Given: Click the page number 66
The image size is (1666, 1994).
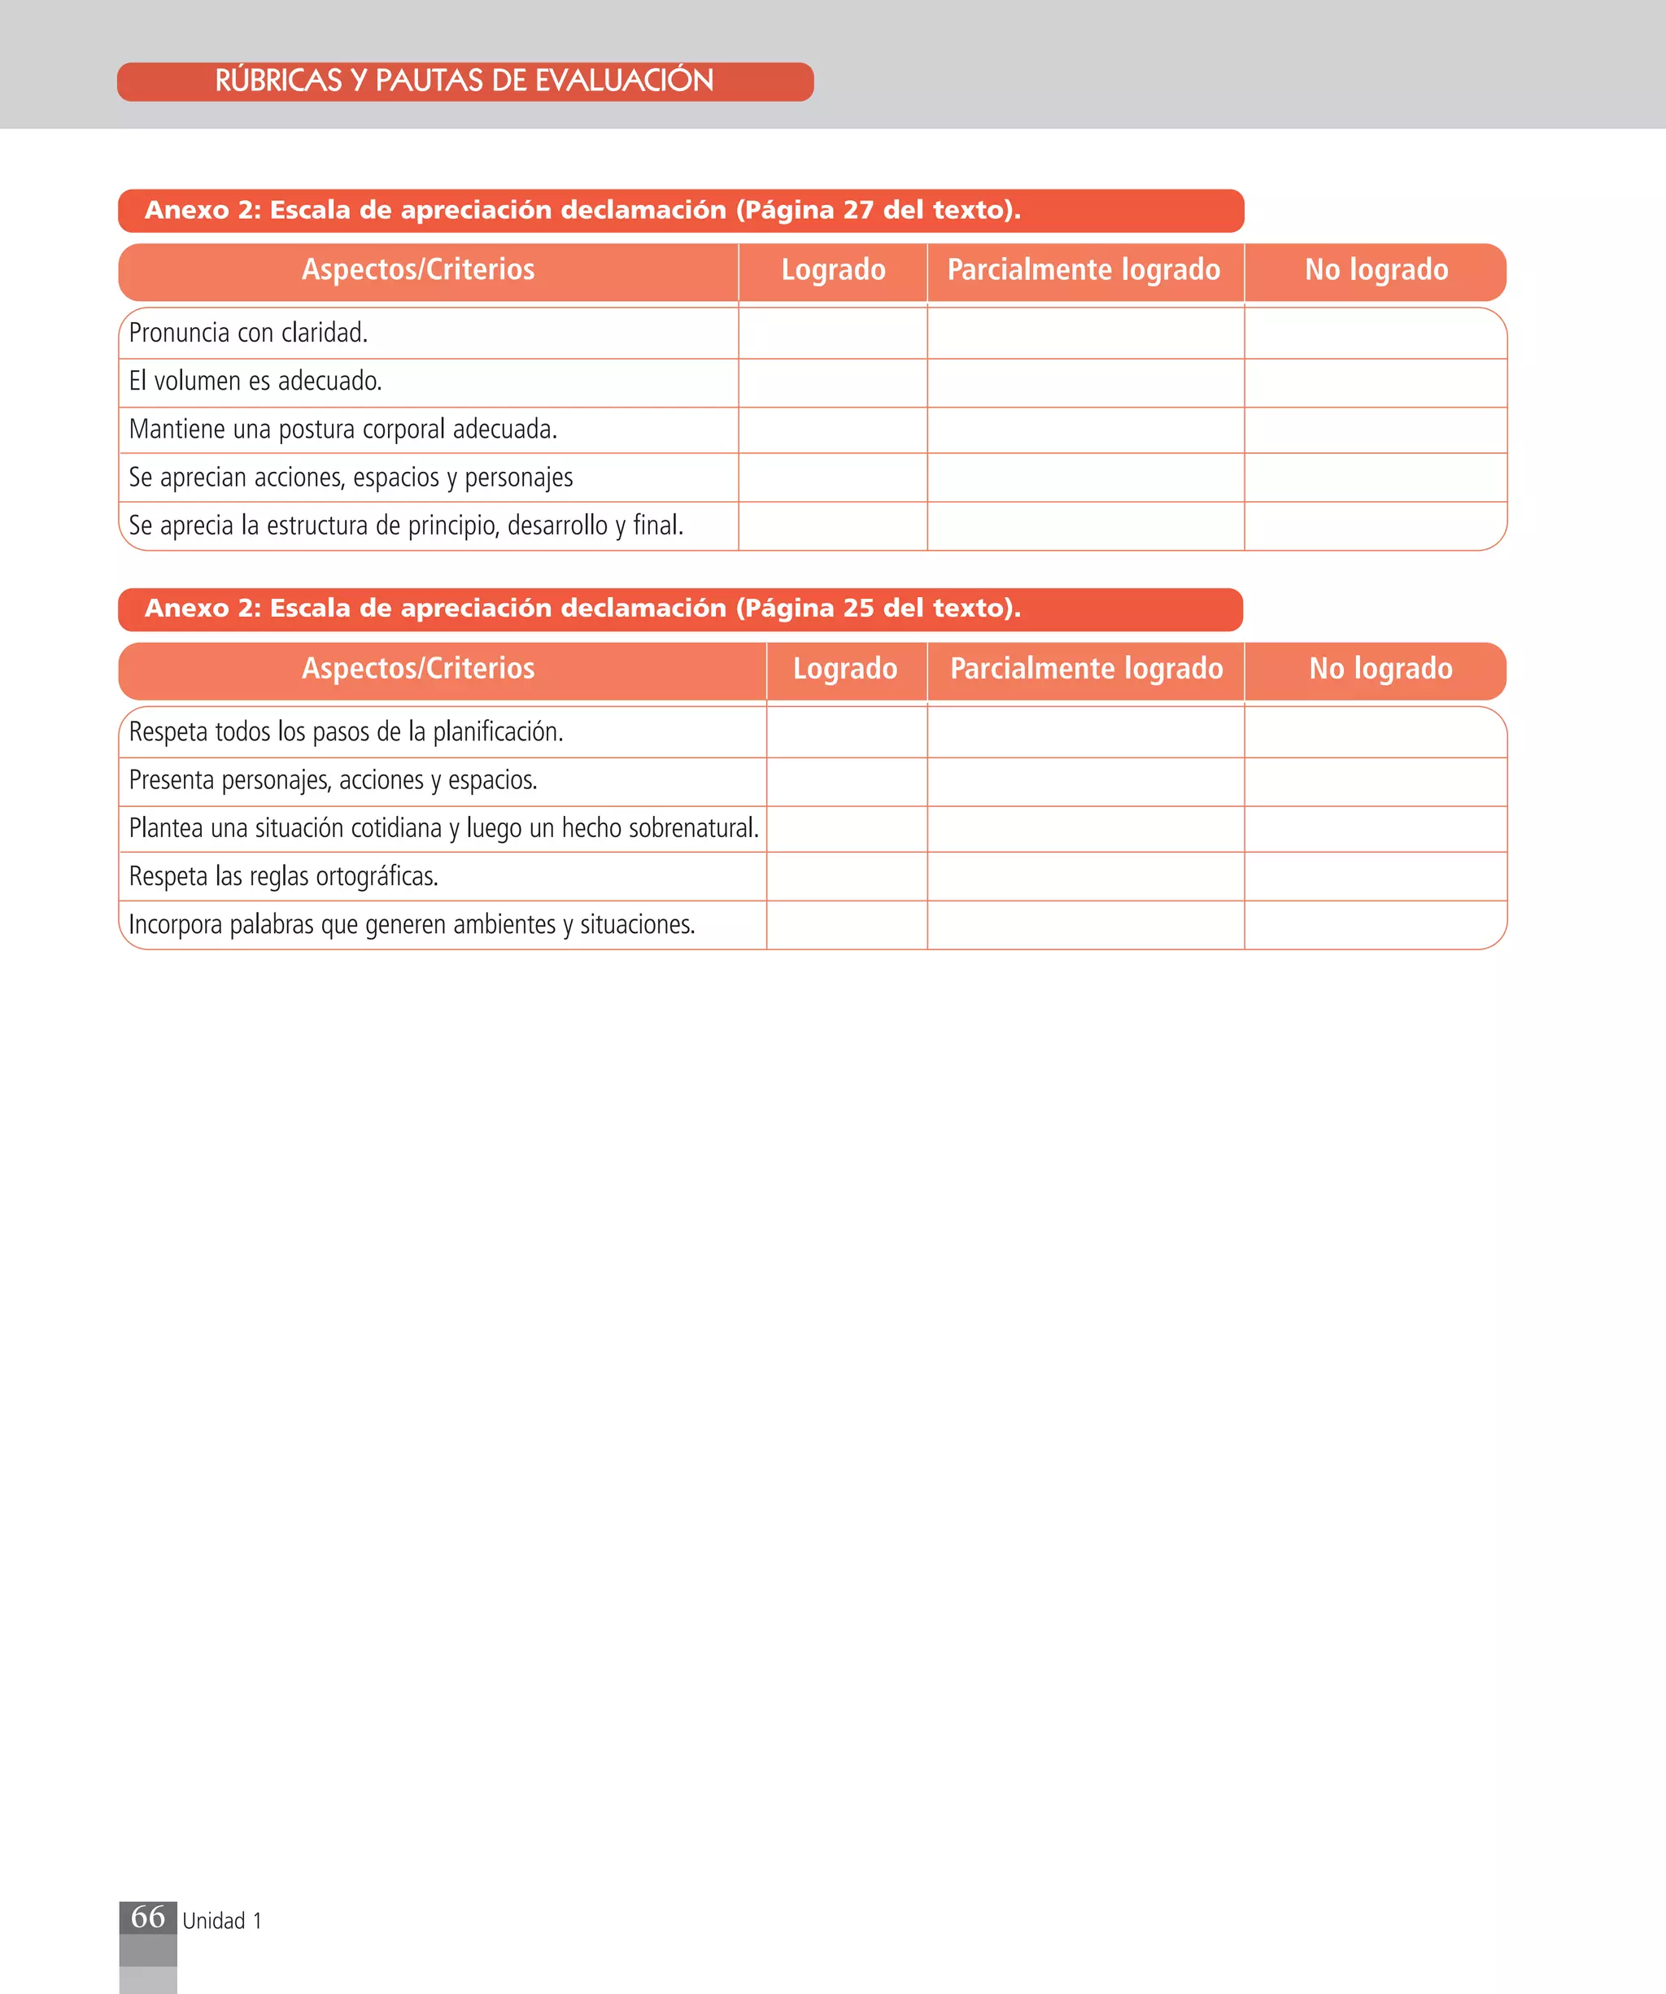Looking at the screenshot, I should [x=148, y=1917].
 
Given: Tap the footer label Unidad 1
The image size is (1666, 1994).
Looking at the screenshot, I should [x=221, y=1921].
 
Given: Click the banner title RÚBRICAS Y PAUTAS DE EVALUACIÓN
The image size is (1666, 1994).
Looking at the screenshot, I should [x=464, y=81].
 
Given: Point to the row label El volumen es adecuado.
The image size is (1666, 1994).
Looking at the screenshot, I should [x=255, y=382].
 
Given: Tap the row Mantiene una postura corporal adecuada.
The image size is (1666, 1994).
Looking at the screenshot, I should [x=342, y=430].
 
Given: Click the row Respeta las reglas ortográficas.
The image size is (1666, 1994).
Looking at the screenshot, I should [x=284, y=876].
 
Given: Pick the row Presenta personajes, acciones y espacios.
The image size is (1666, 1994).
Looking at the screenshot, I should [x=334, y=780].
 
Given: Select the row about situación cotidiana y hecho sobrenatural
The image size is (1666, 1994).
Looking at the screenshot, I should [x=443, y=829].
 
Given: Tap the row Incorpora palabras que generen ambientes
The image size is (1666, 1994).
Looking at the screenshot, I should [x=412, y=925].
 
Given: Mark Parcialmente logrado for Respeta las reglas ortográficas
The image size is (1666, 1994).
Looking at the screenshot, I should [x=1085, y=876].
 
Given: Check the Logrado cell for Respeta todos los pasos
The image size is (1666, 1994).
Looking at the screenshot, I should [x=847, y=732].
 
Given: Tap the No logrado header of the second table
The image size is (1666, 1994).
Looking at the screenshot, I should [x=1380, y=670].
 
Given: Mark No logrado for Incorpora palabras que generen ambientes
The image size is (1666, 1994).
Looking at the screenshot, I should [x=1376, y=925].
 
